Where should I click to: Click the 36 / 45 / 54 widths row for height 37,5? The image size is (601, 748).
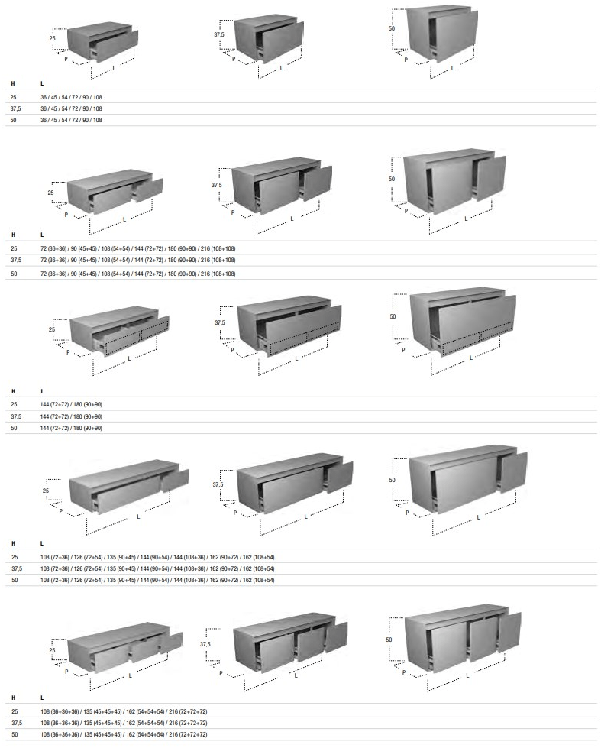click(x=71, y=108)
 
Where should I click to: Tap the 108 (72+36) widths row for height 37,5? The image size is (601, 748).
click(x=157, y=568)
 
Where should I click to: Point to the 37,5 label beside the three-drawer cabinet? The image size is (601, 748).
click(x=205, y=644)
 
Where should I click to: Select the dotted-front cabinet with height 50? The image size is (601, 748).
click(x=462, y=321)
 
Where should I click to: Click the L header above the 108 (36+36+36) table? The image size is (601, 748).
click(x=42, y=698)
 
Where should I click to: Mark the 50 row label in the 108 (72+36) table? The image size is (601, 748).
click(x=14, y=580)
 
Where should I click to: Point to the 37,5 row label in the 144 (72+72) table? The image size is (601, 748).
click(x=15, y=416)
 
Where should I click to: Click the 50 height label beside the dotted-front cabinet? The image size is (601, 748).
click(x=393, y=316)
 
